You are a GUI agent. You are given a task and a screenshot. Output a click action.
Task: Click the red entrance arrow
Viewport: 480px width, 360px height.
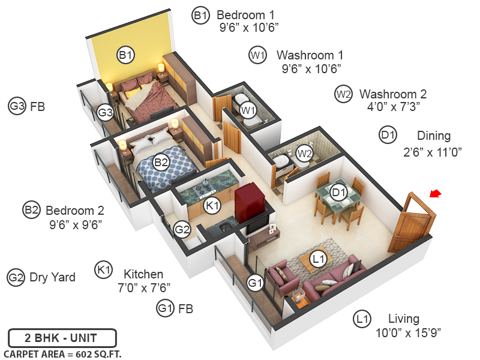[x=436, y=193]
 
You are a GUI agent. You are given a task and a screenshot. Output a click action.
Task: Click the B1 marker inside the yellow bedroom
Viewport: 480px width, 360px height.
[x=125, y=55]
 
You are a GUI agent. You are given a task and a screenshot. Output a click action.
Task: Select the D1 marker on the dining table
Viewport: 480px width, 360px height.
[x=340, y=193]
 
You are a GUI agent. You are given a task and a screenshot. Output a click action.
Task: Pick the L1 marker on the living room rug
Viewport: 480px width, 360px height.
[x=319, y=259]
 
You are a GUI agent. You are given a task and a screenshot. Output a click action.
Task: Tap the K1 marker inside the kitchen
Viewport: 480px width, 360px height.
[x=212, y=205]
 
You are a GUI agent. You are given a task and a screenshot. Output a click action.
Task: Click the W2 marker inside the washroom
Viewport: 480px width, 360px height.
[x=305, y=153]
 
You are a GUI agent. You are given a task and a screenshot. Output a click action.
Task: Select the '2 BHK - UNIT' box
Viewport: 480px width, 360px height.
[x=62, y=338]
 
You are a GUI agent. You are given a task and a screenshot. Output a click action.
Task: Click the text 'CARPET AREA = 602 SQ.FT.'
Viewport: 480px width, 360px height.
[x=62, y=354]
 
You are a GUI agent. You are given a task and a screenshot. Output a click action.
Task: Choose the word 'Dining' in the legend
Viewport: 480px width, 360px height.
[x=434, y=136]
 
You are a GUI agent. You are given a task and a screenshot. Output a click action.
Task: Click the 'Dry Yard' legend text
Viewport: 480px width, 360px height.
[x=52, y=277]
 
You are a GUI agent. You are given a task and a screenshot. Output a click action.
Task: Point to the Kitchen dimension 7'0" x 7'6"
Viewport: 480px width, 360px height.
[x=144, y=287]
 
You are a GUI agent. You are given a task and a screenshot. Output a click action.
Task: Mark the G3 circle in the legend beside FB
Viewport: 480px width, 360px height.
[x=17, y=107]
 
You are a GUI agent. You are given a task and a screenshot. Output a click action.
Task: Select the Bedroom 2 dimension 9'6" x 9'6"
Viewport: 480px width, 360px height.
[x=75, y=224]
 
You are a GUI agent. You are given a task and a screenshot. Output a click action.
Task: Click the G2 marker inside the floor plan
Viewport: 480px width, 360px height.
[x=182, y=229]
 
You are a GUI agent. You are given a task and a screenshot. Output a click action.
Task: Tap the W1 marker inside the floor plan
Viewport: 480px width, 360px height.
[x=248, y=110]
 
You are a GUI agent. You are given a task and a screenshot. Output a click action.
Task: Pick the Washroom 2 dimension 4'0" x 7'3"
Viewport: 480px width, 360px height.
[x=393, y=107]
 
